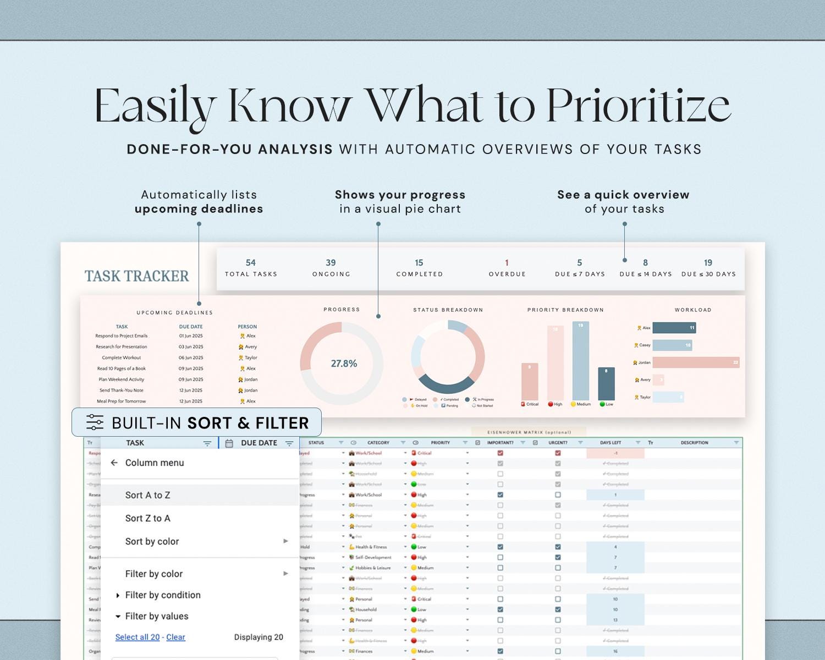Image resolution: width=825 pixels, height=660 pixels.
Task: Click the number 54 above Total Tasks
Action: [x=251, y=263]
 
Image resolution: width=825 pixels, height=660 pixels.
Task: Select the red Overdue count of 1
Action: [x=507, y=263]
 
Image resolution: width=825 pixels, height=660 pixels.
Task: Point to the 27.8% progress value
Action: [x=344, y=364]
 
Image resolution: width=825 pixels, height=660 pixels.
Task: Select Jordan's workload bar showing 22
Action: [x=696, y=362]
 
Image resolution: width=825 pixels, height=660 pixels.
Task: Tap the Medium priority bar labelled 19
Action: [x=580, y=361]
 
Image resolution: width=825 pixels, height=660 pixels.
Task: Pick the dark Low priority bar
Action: [x=606, y=384]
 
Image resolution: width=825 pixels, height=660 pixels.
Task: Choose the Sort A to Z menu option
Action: [x=148, y=495]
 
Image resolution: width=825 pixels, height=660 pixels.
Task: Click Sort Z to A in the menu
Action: [x=148, y=518]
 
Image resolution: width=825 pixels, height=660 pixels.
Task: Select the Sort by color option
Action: [x=152, y=541]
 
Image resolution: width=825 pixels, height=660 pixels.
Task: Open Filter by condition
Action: [x=163, y=595]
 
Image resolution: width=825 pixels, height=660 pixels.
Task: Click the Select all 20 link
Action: [x=137, y=637]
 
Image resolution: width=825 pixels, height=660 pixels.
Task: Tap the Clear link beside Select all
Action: [x=175, y=637]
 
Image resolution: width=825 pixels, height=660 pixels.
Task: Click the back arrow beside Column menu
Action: [x=114, y=463]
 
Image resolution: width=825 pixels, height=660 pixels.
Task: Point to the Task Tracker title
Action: [x=136, y=276]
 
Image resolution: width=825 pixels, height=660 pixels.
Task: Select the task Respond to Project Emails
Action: [x=122, y=336]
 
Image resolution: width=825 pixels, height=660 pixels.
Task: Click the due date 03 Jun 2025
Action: [x=191, y=347]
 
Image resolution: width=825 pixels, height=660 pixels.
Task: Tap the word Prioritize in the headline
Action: [x=639, y=106]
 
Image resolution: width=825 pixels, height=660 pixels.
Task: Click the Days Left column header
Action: [x=610, y=443]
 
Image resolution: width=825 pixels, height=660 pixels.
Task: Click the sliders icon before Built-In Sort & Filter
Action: [x=95, y=422]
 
